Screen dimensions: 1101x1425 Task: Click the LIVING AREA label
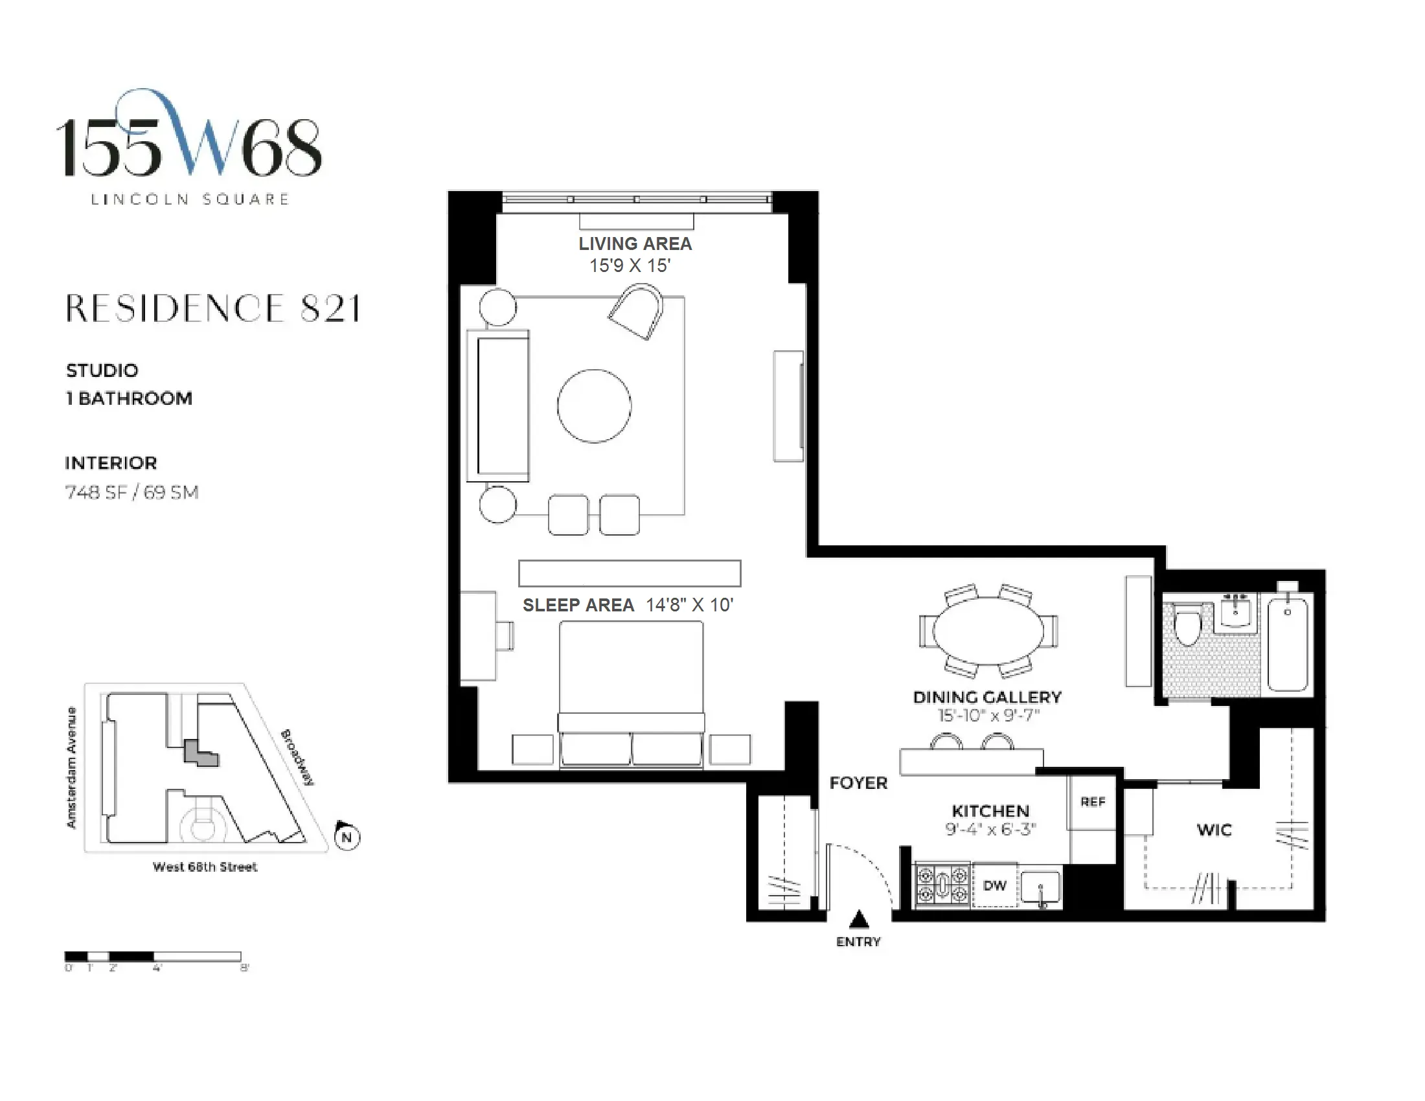[x=635, y=244]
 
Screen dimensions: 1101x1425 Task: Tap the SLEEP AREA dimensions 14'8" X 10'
[x=690, y=606]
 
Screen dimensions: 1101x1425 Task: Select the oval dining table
[x=988, y=631]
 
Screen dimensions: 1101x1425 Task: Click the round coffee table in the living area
[x=594, y=405]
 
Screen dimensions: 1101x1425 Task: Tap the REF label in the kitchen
[x=1093, y=802]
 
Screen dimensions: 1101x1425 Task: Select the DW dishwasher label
[x=995, y=886]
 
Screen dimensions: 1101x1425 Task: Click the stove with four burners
[x=943, y=885]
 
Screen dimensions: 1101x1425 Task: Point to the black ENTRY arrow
[x=859, y=920]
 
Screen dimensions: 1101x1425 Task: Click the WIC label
[x=1214, y=830]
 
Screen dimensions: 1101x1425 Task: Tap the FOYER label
[x=858, y=784]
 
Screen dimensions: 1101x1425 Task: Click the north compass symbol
[x=347, y=837]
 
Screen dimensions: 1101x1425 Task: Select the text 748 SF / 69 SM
[x=131, y=492]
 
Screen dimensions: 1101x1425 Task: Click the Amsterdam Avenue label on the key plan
[x=72, y=767]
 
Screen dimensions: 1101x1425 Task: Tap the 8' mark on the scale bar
[x=244, y=968]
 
